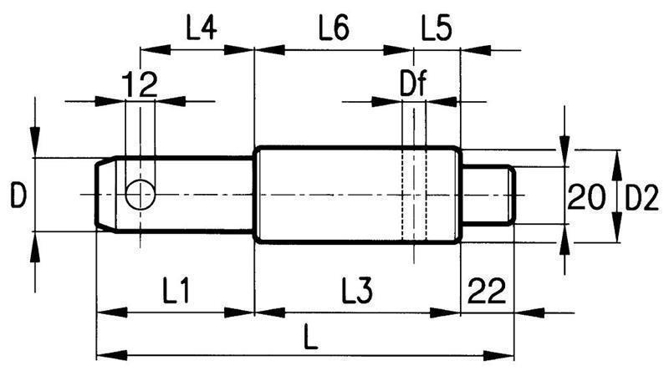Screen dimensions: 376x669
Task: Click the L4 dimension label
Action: [x=200, y=31]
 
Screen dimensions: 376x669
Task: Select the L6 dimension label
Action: [x=333, y=31]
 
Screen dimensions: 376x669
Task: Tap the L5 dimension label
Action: [x=437, y=31]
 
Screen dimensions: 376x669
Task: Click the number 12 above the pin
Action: [x=140, y=84]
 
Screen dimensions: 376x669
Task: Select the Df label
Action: [x=415, y=85]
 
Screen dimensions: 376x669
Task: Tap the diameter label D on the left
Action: [x=18, y=196]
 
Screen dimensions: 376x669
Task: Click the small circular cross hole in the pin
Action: [x=140, y=195]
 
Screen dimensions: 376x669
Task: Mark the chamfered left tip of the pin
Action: [x=104, y=194]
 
